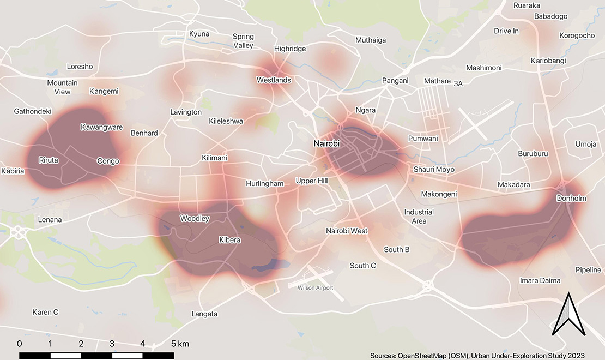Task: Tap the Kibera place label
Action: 229,240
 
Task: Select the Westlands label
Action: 274,80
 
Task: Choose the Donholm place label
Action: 571,199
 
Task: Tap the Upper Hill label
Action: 312,181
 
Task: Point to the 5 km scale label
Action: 180,344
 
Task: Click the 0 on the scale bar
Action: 20,344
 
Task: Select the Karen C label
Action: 45,313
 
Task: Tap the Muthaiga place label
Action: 371,40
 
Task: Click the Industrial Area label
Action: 419,217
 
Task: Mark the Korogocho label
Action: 577,36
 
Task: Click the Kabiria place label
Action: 13,171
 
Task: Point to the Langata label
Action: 205,314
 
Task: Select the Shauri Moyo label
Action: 434,170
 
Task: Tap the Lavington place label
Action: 186,112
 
